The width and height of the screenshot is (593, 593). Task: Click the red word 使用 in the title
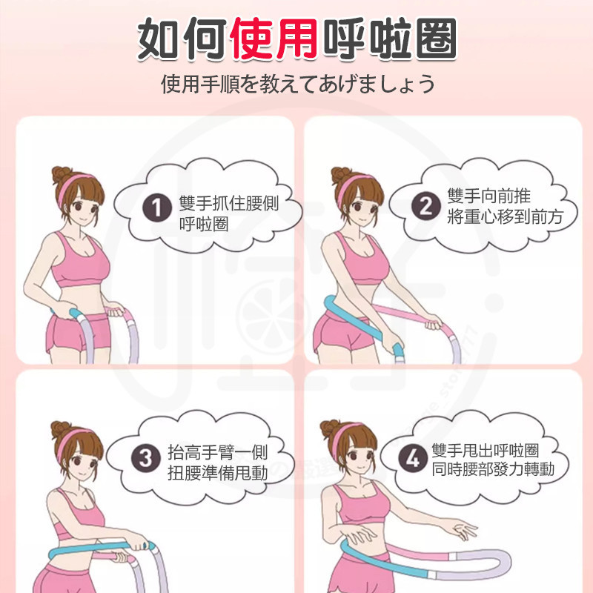click(x=274, y=39)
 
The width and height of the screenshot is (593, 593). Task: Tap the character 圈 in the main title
click(x=437, y=39)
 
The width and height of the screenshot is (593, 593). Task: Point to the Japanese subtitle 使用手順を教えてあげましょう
click(x=298, y=84)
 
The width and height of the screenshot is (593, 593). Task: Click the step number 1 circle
click(x=157, y=208)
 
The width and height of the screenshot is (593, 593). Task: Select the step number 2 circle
click(x=425, y=207)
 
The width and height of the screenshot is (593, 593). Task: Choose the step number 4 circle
click(x=413, y=459)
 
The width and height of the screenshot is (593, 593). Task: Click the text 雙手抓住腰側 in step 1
click(x=229, y=204)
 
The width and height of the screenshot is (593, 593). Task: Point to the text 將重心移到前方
click(x=505, y=216)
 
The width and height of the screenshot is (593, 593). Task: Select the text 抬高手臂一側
click(x=218, y=452)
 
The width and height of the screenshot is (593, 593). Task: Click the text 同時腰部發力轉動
click(x=493, y=469)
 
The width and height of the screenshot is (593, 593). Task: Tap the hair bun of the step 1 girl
click(x=62, y=175)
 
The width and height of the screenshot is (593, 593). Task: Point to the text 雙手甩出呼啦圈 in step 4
click(x=486, y=451)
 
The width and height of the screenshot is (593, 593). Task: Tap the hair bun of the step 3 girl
click(x=61, y=430)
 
